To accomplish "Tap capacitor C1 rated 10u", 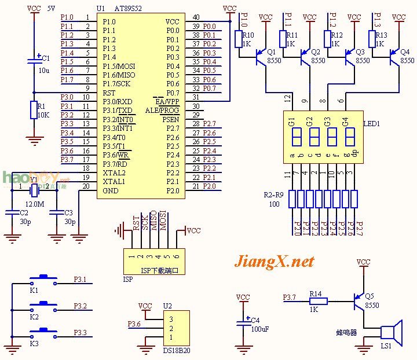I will tap(34, 61).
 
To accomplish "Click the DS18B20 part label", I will tap(175, 350).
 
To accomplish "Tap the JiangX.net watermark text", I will tap(274, 262).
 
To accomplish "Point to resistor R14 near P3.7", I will tap(317, 301).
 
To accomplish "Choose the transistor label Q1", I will tap(271, 52).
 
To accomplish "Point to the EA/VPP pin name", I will tap(168, 101).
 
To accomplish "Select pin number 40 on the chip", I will tap(196, 17).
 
